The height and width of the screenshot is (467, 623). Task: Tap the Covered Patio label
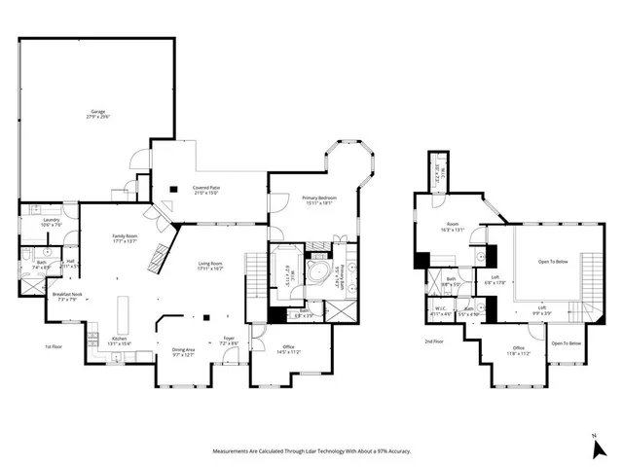coord(205,190)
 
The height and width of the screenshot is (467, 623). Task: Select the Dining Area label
coord(184,352)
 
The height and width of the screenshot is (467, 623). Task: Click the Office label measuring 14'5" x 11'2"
coord(288,349)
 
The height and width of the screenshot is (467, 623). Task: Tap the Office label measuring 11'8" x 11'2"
coord(518,351)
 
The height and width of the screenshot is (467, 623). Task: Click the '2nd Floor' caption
coord(435,341)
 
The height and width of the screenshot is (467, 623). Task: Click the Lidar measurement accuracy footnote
coord(311,451)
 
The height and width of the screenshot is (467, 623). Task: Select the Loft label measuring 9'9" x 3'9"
coord(542,310)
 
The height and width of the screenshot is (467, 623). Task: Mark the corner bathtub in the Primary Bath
coord(317,269)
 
